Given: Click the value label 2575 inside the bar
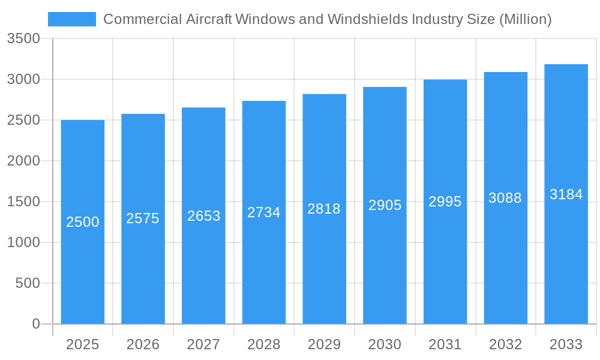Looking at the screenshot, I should pos(143,218).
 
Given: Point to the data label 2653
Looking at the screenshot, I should pos(204,216).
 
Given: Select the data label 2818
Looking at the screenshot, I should pos(324,209).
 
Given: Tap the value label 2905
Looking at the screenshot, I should pos(385,205).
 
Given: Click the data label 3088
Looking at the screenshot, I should pos(505,198).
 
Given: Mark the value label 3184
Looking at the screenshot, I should pos(566,194).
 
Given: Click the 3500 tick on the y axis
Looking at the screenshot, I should pos(23,39).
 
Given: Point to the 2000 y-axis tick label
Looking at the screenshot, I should pos(23,161).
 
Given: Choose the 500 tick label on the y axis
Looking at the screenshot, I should pos(28,283).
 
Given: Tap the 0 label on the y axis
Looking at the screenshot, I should pos(35,324).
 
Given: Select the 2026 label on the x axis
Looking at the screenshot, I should pos(143,344).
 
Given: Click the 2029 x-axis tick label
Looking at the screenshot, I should pos(324,344).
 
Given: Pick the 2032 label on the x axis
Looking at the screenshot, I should pos(505,344).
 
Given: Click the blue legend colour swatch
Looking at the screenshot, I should pos(71,19).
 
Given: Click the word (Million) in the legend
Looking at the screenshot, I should pos(525,19).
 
